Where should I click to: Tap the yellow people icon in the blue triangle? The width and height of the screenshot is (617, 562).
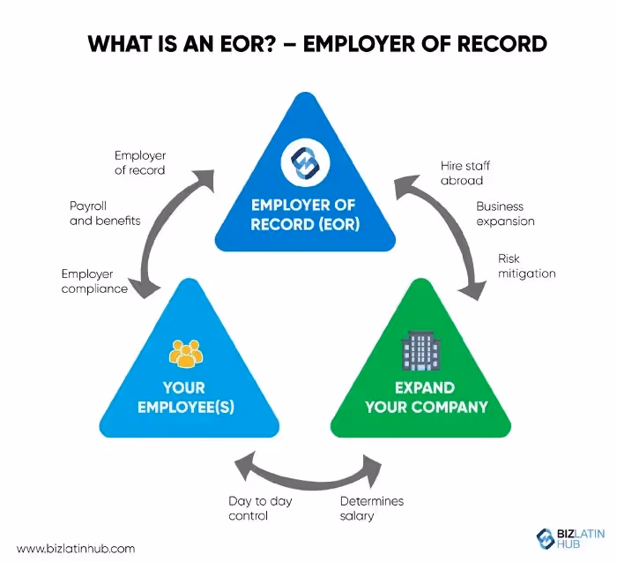[185, 353]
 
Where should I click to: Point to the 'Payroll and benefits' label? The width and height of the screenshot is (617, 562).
[105, 214]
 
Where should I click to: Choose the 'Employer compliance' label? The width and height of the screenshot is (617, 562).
[94, 281]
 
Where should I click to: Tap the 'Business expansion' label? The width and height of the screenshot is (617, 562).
[506, 214]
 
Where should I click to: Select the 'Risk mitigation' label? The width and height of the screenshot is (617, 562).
[527, 266]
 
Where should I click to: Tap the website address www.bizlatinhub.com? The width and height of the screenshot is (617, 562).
[77, 548]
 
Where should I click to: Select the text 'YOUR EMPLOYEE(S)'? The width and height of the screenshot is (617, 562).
[184, 397]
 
